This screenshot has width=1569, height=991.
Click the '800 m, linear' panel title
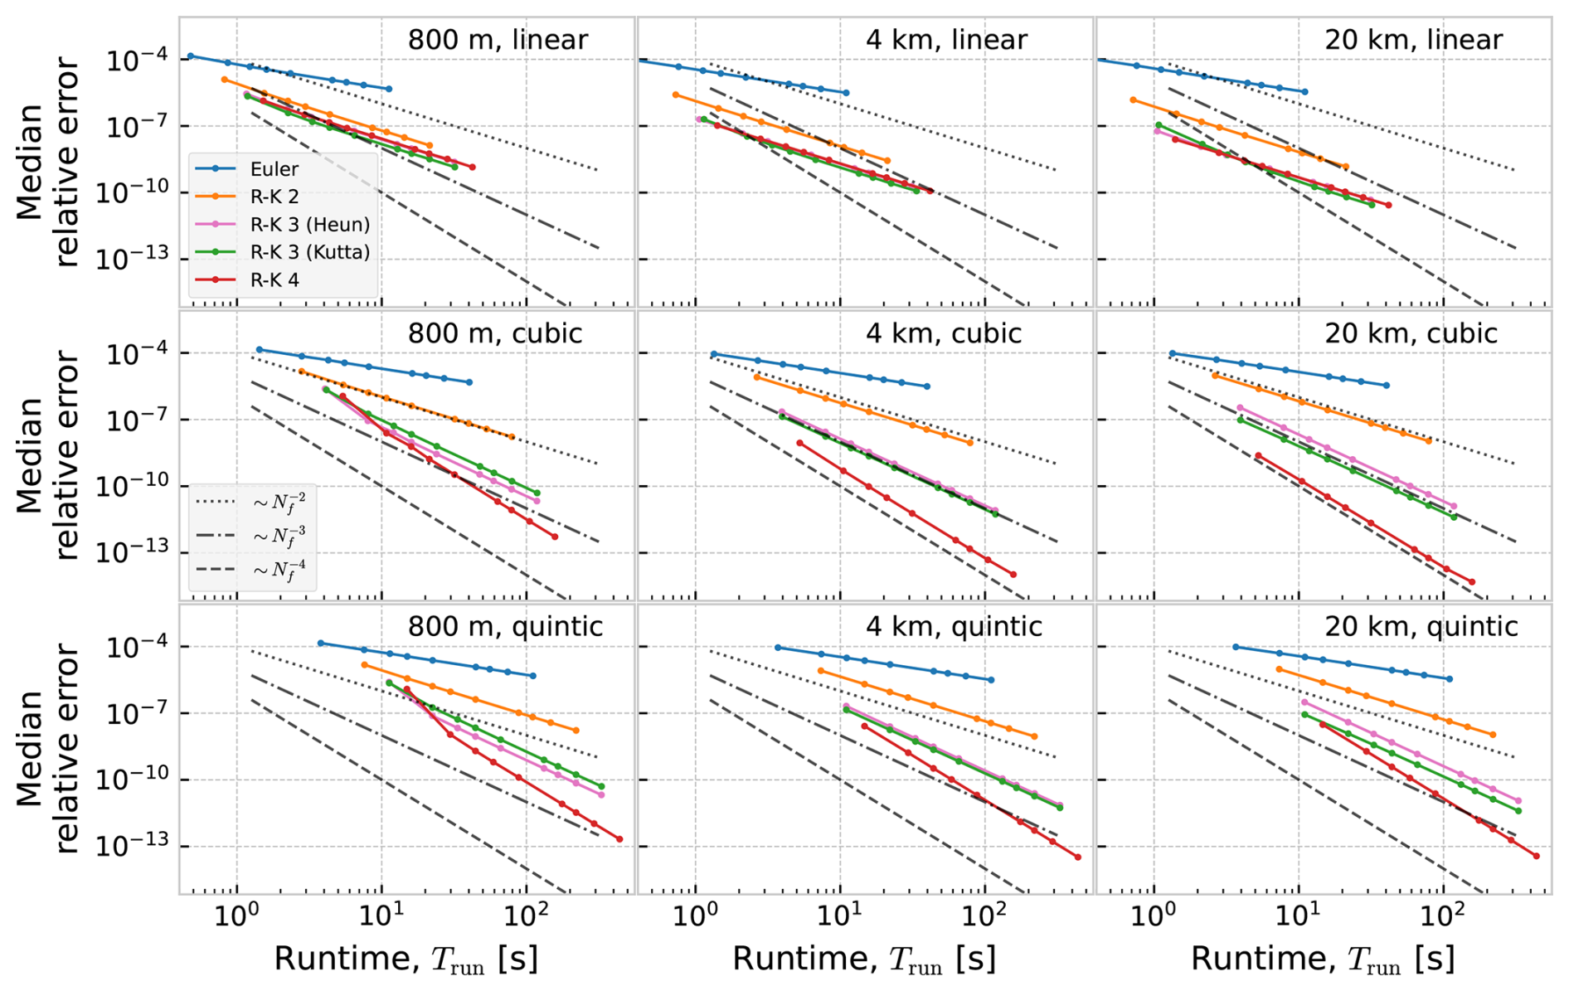[x=498, y=40]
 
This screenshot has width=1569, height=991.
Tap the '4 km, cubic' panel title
[x=944, y=333]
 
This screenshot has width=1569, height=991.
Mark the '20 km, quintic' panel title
[x=1421, y=626]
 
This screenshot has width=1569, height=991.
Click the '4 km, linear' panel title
[x=946, y=40]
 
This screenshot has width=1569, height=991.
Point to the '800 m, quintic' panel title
[x=505, y=626]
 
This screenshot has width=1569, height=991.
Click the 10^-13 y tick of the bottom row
[x=132, y=846]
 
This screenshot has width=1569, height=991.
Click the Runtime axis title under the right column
[x=1323, y=959]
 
